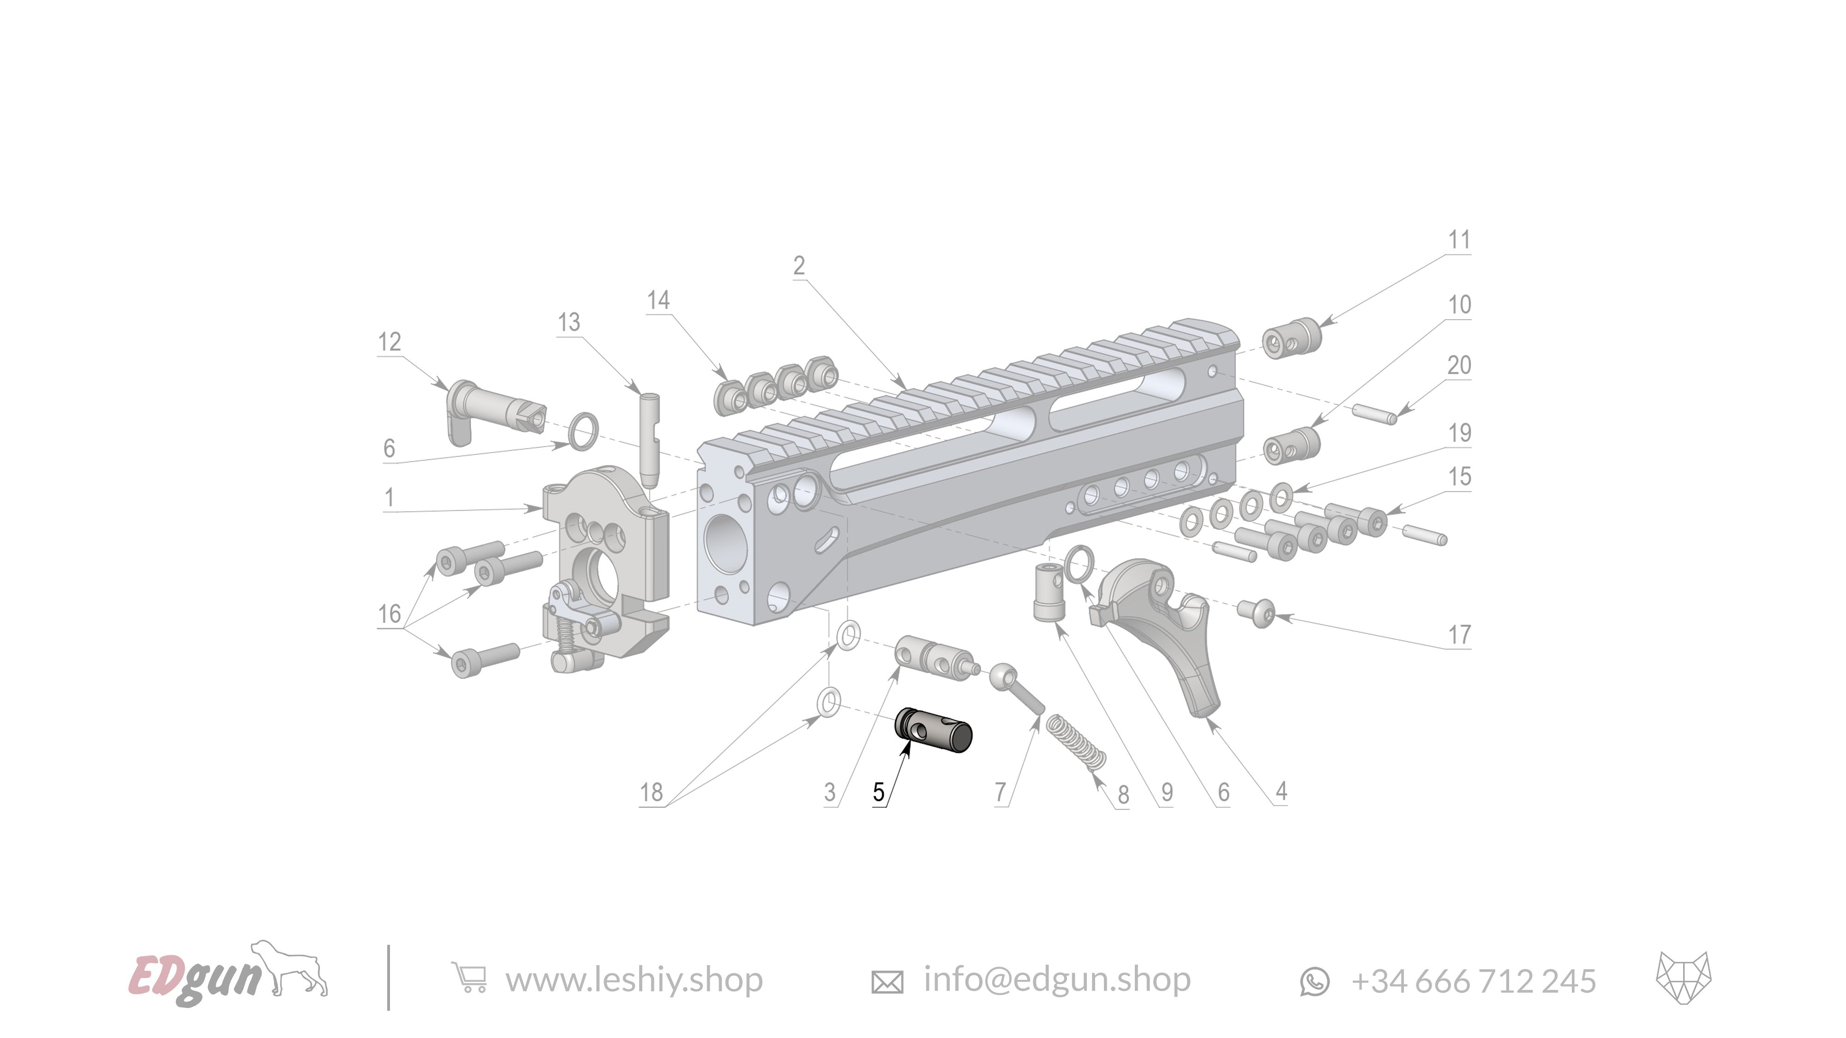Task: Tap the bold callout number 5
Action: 879,792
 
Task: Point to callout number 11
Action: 1459,240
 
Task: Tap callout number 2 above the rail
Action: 799,266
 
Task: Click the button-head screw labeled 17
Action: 1257,613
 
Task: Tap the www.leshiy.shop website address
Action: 634,980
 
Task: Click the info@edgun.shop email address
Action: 1056,979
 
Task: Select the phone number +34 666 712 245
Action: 1474,981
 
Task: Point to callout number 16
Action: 389,614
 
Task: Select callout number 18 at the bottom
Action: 651,792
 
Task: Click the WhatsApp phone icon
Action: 1314,981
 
